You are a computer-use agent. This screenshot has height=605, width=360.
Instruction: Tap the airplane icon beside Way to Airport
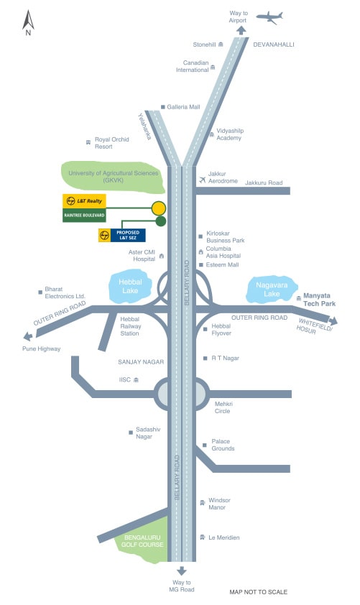click(x=269, y=17)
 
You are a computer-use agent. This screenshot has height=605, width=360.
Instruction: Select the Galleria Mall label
click(x=183, y=107)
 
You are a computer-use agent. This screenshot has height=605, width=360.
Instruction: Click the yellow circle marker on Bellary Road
click(x=159, y=208)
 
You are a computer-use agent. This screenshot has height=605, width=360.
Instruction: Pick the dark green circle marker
click(x=161, y=221)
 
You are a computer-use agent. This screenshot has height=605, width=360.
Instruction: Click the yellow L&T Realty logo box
click(x=84, y=201)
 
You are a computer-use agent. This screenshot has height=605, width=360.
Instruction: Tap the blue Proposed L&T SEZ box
click(x=128, y=236)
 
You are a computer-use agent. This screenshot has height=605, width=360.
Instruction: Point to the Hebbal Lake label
click(x=130, y=286)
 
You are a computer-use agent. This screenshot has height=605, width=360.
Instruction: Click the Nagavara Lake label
click(x=272, y=290)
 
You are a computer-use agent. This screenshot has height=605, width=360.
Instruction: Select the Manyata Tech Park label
click(x=319, y=300)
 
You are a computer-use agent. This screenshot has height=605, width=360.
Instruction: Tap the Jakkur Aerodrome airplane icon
click(x=203, y=180)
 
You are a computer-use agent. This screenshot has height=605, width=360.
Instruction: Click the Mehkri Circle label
click(x=223, y=407)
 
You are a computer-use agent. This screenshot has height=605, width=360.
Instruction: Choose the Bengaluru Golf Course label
click(x=142, y=541)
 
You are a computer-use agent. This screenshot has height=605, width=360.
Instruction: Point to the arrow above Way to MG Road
click(x=182, y=571)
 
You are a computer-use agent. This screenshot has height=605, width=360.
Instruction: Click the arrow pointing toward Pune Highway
click(x=28, y=336)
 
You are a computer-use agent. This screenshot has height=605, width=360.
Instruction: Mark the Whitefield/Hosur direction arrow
click(x=333, y=320)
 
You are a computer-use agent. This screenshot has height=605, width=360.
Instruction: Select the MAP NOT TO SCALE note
click(x=259, y=592)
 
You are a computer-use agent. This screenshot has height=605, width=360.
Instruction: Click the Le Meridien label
click(x=223, y=537)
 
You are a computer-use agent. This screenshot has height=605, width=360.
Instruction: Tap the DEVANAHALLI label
click(x=274, y=45)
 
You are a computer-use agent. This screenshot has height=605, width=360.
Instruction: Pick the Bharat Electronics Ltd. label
click(x=65, y=292)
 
